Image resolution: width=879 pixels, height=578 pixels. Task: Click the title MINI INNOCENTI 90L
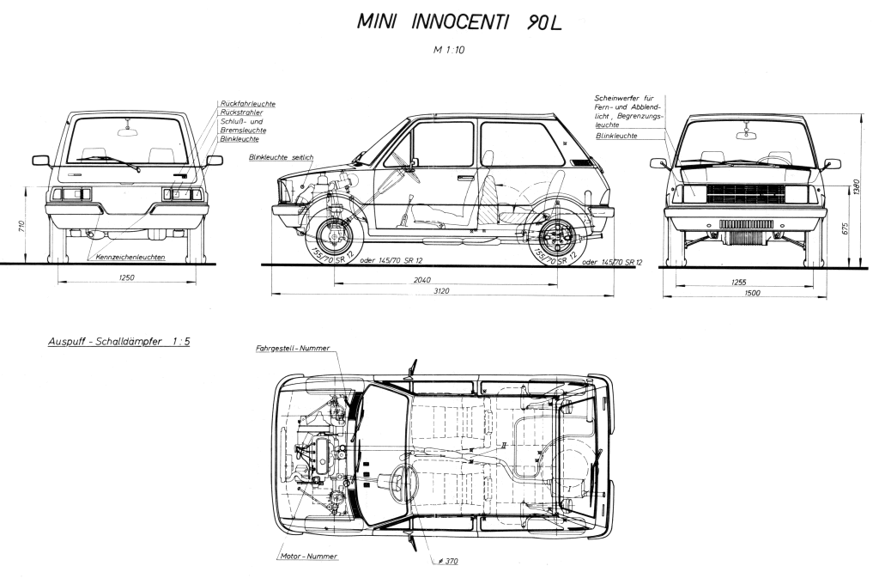click(462, 22)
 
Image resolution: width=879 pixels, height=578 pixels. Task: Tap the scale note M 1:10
click(451, 50)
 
